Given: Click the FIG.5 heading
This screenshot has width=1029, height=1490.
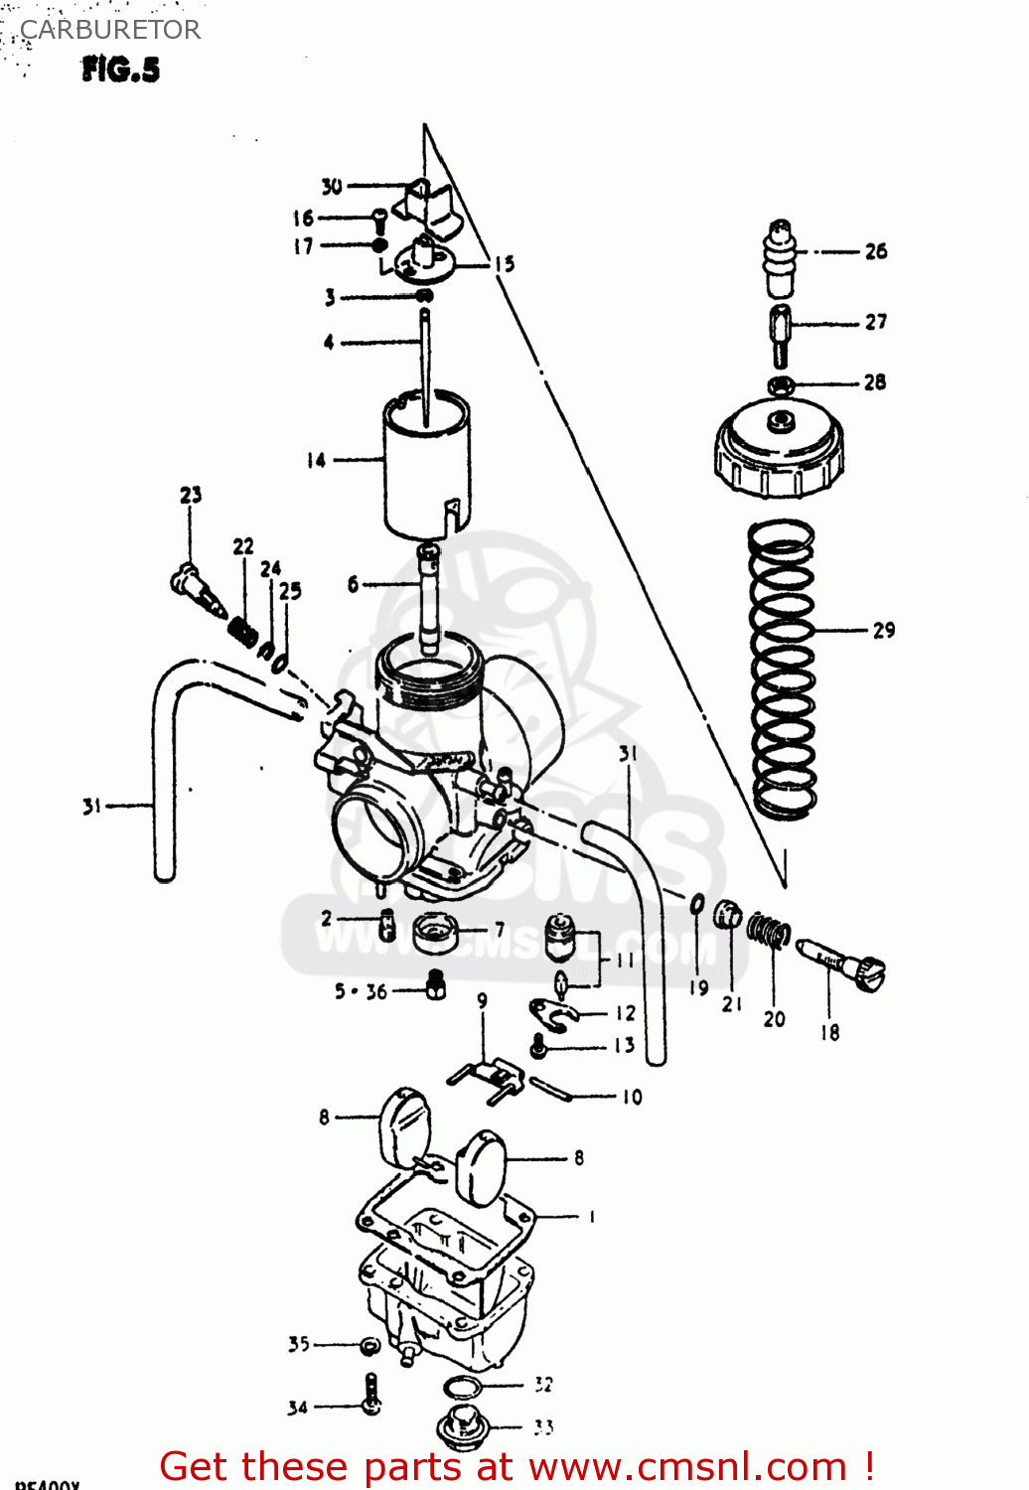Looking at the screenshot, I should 120,70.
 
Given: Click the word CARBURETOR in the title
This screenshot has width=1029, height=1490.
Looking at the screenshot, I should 110,30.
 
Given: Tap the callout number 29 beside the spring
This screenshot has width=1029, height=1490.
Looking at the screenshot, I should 883,630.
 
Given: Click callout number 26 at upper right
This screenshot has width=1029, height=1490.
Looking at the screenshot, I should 875,251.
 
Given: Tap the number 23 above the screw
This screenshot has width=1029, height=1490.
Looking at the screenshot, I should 191,494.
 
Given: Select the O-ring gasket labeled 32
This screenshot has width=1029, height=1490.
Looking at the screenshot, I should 462,1387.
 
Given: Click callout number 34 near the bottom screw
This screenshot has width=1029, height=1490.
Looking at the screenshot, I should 298,1408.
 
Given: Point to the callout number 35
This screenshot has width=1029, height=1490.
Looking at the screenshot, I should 299,1344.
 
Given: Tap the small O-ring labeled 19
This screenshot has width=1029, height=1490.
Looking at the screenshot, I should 697,905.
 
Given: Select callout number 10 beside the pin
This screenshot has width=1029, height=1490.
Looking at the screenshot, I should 632,1097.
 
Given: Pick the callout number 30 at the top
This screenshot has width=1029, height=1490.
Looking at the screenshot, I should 332,186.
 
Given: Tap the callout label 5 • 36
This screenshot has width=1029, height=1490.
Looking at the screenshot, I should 361,991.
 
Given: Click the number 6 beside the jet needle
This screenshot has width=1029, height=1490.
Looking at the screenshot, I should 353,584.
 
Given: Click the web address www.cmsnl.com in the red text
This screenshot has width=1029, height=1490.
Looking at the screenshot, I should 686,1466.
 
